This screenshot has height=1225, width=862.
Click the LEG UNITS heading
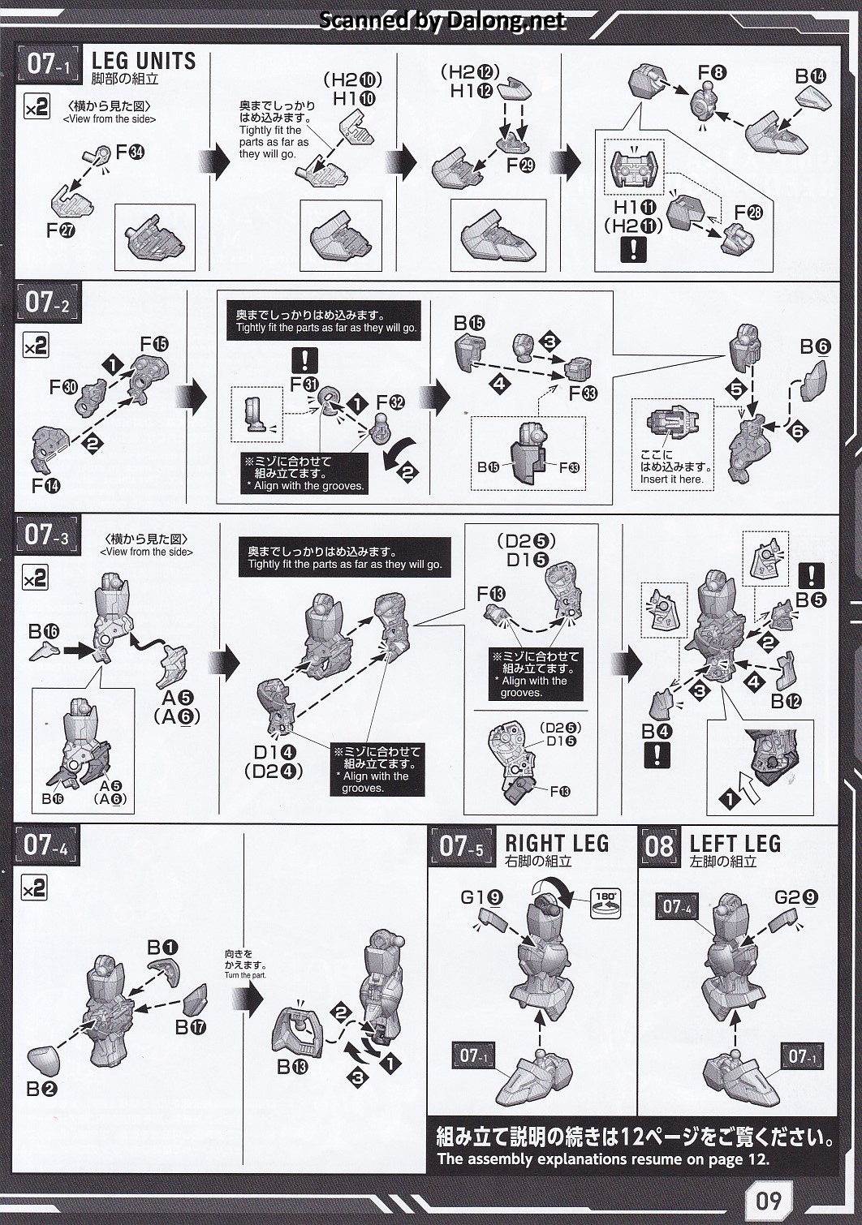click(144, 60)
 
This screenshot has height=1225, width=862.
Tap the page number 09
click(769, 1200)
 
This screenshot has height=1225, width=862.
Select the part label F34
click(130, 152)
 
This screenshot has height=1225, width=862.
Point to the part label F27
click(60, 230)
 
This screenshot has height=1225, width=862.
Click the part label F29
click(520, 165)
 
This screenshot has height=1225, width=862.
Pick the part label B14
click(811, 76)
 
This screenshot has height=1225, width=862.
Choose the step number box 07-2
click(48, 303)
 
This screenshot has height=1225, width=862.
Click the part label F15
click(154, 344)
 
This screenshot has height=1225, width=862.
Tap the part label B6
click(816, 346)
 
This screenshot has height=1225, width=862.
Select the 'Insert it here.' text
click(672, 479)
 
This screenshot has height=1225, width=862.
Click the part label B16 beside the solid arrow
click(44, 632)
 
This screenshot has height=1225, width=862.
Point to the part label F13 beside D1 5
click(491, 593)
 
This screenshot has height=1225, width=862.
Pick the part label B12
click(786, 701)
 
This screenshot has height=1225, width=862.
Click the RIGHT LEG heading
click(557, 843)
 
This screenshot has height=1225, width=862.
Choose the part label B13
click(292, 1067)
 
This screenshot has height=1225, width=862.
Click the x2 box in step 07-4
click(34, 888)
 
